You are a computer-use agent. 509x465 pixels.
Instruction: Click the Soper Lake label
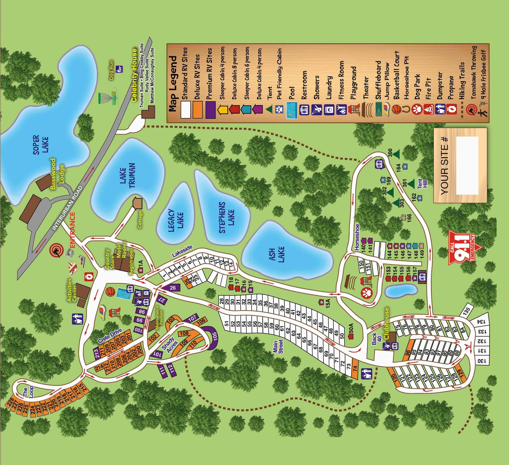click(41, 145)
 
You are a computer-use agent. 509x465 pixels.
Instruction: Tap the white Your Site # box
click(467, 165)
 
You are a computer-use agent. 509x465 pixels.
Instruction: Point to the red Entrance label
click(72, 230)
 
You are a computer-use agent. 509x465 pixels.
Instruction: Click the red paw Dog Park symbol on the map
click(365, 293)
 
